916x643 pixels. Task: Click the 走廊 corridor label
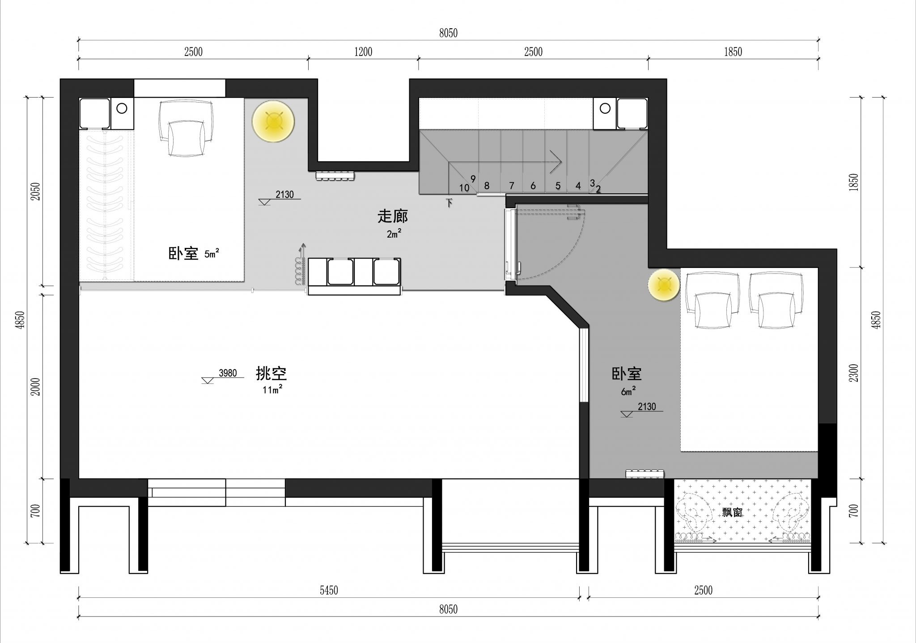click(x=393, y=217)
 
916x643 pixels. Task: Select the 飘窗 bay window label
click(x=733, y=512)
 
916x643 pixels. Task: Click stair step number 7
click(x=512, y=185)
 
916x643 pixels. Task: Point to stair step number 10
click(x=464, y=188)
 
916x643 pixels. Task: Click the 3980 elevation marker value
click(x=228, y=373)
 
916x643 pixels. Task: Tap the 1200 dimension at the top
click(x=363, y=52)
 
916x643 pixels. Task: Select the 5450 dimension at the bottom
click(x=329, y=590)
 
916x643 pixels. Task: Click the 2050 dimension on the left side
click(x=36, y=191)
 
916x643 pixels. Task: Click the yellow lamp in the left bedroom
click(x=273, y=121)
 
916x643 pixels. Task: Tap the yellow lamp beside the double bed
click(x=664, y=285)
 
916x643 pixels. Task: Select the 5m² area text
click(x=212, y=254)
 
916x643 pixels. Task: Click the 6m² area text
click(x=628, y=391)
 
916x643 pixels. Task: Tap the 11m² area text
click(x=272, y=389)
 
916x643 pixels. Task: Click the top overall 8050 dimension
click(x=448, y=33)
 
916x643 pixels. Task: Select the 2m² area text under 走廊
click(x=394, y=233)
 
